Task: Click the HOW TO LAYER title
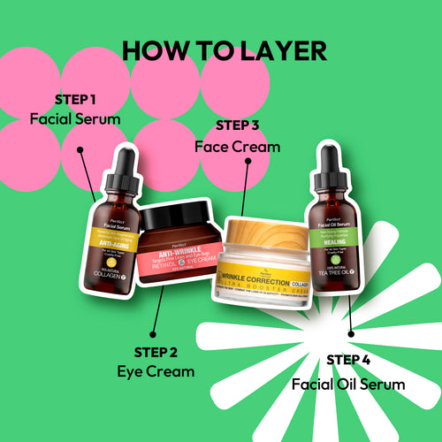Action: coord(224,50)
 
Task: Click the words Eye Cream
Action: coord(156,371)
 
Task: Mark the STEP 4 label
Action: coord(349,360)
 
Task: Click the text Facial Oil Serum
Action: coord(348,384)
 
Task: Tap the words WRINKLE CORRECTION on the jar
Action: coord(261,278)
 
